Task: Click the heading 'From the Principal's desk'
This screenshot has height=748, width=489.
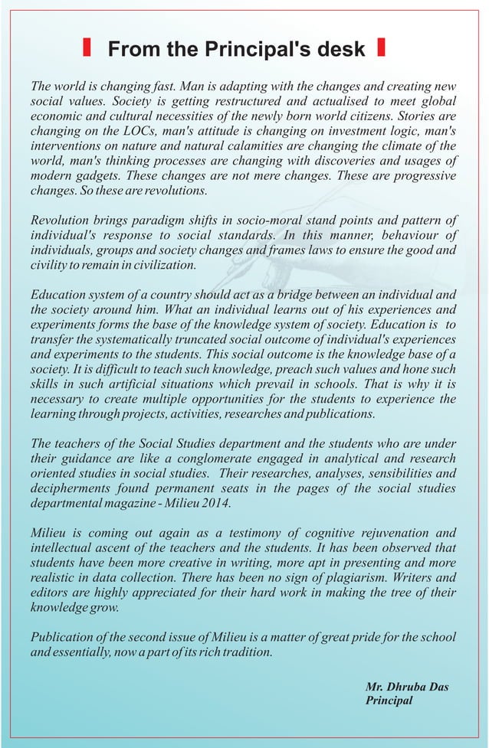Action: pyautogui.click(x=236, y=50)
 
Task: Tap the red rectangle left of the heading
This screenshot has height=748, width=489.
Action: pyautogui.click(x=87, y=48)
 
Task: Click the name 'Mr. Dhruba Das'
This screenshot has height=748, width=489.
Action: pyautogui.click(x=406, y=687)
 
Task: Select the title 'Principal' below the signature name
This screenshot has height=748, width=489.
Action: pyautogui.click(x=389, y=701)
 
